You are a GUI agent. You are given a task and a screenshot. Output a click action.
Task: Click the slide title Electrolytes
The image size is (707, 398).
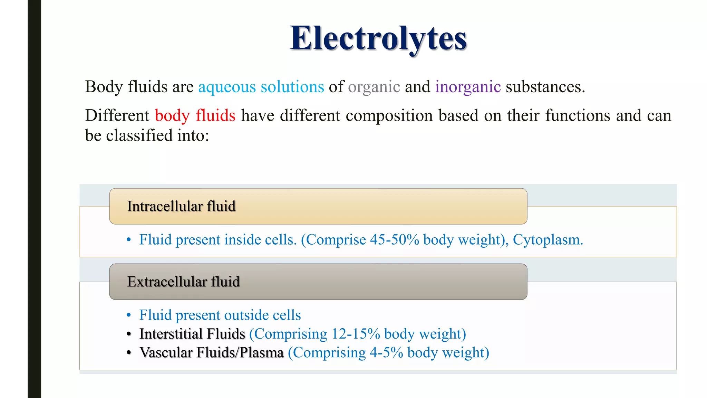point(378,39)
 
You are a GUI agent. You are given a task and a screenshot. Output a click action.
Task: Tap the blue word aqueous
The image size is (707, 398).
point(227,87)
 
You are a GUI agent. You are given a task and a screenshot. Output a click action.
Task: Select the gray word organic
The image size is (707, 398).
point(374,87)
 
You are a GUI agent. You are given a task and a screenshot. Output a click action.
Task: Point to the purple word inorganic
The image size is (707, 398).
point(468,87)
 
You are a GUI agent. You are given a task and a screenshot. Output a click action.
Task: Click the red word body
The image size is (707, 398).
point(172,116)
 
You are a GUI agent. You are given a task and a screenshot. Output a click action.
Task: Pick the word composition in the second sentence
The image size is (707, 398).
point(389,116)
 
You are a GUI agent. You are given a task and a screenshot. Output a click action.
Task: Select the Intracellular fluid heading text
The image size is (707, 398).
point(181,206)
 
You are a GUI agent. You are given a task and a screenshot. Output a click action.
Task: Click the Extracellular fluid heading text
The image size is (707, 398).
point(183,282)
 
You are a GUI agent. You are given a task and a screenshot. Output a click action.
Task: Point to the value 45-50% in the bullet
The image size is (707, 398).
point(395,240)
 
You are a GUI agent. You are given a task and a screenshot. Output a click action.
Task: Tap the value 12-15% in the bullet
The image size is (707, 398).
point(356,334)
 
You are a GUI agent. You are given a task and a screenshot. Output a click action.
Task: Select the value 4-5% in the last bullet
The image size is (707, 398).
point(386,353)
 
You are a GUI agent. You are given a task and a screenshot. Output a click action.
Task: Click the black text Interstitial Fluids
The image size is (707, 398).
point(192,334)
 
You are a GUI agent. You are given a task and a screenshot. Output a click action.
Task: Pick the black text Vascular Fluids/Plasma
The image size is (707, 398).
point(211,353)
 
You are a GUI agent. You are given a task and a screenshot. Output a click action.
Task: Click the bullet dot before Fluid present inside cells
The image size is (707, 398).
point(129,240)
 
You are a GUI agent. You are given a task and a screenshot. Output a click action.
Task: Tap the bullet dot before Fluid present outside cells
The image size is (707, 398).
point(129,315)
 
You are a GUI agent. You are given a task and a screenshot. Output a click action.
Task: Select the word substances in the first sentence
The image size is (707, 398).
point(545,87)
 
